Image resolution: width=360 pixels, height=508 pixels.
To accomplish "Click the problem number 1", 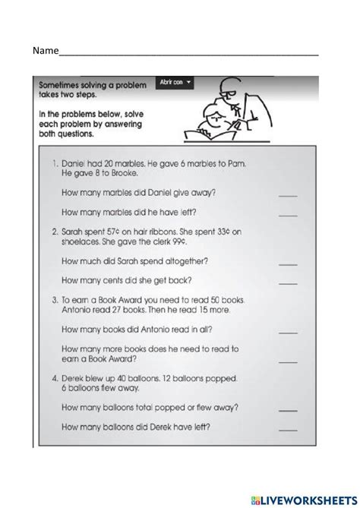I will click(x=55, y=162).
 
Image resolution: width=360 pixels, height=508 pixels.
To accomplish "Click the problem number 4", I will click(x=55, y=375).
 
